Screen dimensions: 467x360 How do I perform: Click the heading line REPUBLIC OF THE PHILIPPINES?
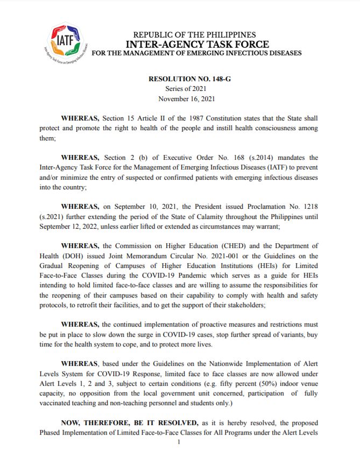tap(194, 35)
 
